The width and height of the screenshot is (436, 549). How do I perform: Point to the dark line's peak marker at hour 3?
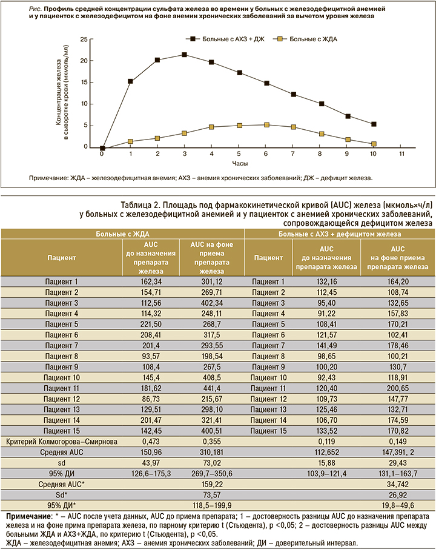pyautogui.click(x=183, y=55)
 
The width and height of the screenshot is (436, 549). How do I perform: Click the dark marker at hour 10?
pyautogui.click(x=374, y=124)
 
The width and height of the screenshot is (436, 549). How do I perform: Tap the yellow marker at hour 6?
pyautogui.click(x=266, y=125)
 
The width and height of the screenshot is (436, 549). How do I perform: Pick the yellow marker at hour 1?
pyautogui.click(x=130, y=141)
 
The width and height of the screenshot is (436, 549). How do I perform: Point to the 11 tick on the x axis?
pyautogui.click(x=402, y=155)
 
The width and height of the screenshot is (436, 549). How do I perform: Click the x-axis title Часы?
pyautogui.click(x=238, y=164)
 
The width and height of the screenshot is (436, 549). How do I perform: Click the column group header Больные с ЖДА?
pyautogui.click(x=123, y=234)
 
